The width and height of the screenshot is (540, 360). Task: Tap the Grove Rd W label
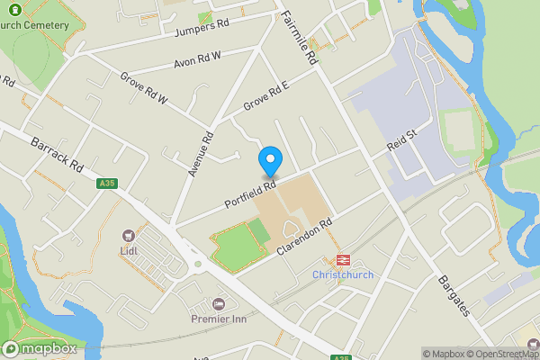tap(144, 88)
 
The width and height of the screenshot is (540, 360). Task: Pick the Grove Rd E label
tap(265, 99)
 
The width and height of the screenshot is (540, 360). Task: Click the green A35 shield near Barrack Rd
tap(106, 184)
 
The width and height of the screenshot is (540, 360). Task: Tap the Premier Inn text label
tap(219, 319)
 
